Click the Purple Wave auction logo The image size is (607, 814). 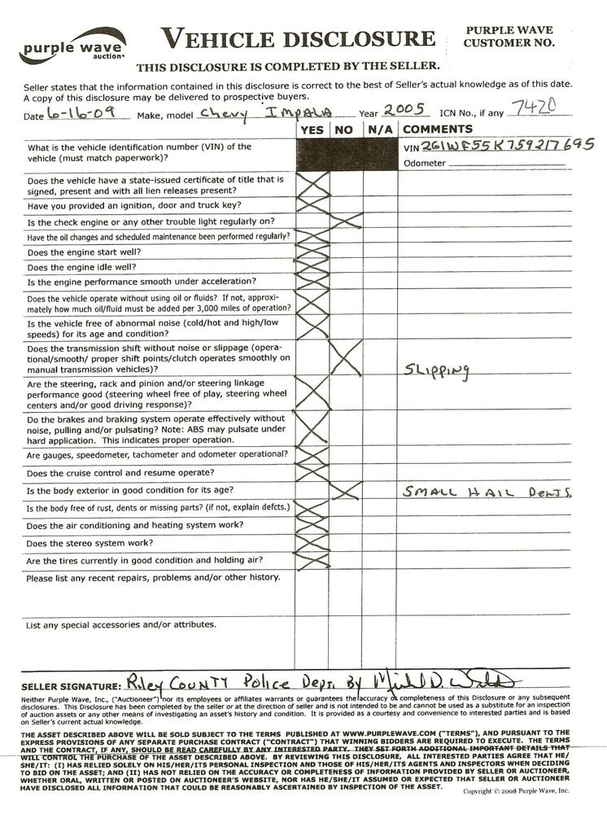click(x=72, y=47)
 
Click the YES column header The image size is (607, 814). click(x=312, y=129)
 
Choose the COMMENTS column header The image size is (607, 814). click(x=438, y=129)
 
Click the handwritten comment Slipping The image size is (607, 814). click(x=437, y=370)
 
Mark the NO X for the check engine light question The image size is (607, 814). click(x=346, y=221)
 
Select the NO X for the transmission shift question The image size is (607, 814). click(x=346, y=358)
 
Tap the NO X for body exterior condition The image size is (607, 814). click(x=346, y=490)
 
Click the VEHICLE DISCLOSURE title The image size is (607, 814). click(x=297, y=38)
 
